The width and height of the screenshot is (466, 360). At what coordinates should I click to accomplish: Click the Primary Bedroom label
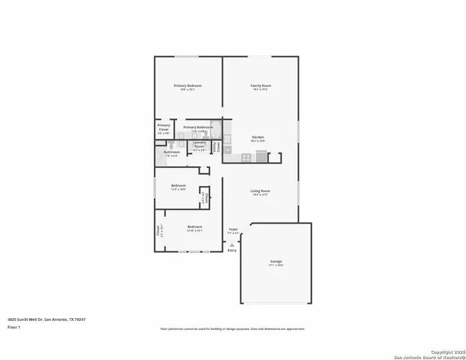click(x=188, y=85)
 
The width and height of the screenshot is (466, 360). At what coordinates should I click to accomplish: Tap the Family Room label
click(x=260, y=85)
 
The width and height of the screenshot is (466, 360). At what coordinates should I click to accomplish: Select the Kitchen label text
click(x=257, y=137)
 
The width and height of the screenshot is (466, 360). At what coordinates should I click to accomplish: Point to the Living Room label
click(x=260, y=190)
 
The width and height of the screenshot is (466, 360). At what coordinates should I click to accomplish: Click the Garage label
click(x=277, y=262)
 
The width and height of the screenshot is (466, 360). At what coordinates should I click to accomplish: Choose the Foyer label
click(x=233, y=229)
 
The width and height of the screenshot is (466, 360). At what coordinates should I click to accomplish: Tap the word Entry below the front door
click(x=232, y=250)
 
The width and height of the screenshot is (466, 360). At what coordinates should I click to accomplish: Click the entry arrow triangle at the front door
click(x=233, y=244)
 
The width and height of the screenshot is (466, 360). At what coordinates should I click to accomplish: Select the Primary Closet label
click(x=164, y=127)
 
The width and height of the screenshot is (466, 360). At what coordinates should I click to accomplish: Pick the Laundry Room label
click(x=199, y=144)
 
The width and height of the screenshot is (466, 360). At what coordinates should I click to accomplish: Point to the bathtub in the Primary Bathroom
click(x=216, y=127)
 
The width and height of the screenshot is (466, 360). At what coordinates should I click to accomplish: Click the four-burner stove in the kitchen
click(x=246, y=157)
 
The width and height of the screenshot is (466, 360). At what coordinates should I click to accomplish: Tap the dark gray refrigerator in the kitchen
click(x=261, y=156)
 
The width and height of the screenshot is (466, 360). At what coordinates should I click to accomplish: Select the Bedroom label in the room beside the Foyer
click(x=194, y=226)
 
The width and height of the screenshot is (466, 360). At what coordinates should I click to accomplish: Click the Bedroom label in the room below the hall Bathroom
click(x=178, y=185)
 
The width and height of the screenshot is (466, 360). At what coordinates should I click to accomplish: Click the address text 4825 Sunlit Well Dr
click(x=47, y=319)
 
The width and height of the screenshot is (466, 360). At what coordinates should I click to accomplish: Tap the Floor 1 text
click(x=14, y=328)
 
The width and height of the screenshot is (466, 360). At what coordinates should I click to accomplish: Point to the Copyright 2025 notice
click(x=447, y=351)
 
